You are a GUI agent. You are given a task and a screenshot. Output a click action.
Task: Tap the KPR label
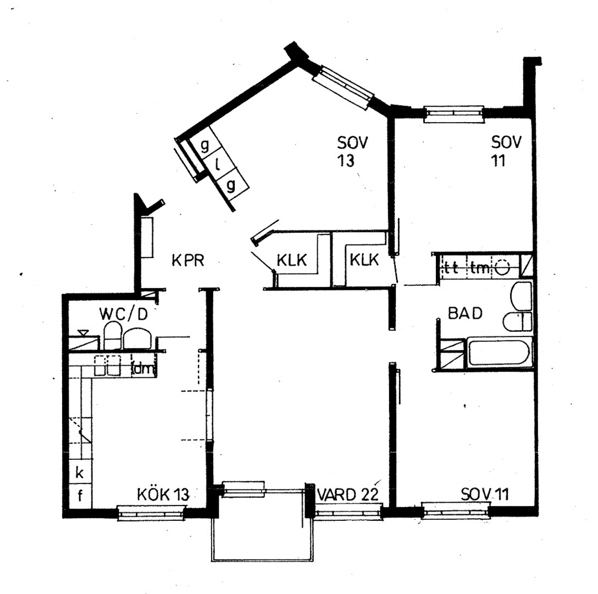tap(187, 261)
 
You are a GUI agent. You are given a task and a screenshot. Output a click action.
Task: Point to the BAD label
tap(465, 313)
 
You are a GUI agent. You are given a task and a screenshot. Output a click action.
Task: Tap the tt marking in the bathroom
tap(451, 269)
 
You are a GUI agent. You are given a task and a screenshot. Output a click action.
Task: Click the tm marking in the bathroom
tap(478, 269)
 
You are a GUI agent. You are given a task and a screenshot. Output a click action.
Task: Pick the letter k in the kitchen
tap(80, 472)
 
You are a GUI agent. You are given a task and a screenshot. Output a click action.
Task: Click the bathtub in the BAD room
tap(499, 353)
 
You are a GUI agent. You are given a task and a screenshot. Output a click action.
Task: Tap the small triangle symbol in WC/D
tap(83, 332)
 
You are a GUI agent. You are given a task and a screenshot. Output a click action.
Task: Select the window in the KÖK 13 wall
tap(150, 513)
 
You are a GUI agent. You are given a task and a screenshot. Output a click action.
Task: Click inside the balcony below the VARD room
tap(261, 531)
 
